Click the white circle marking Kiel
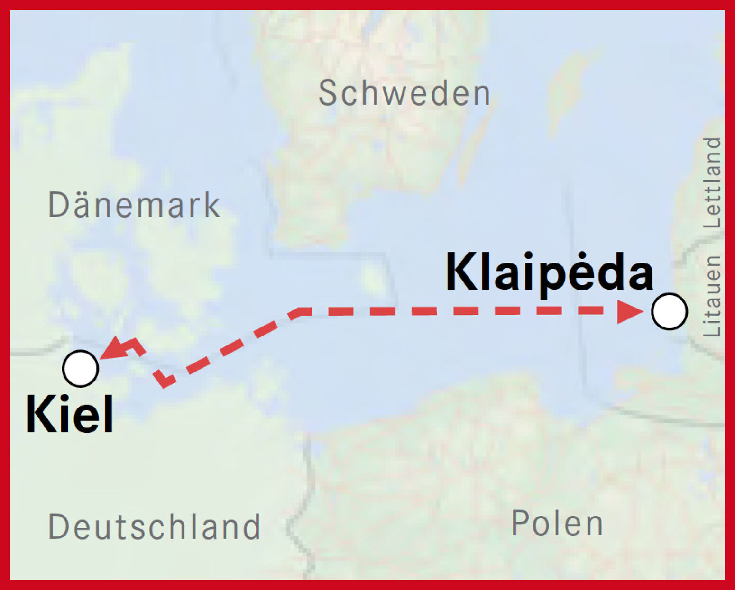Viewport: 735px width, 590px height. [x=81, y=368]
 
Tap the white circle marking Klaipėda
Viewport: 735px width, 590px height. [x=669, y=311]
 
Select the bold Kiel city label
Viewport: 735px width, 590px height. [x=69, y=414]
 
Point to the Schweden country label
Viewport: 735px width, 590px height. [x=404, y=93]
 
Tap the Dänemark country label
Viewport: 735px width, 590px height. [x=134, y=205]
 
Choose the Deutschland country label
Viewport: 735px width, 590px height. [x=155, y=526]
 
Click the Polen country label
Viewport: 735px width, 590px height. [x=557, y=524]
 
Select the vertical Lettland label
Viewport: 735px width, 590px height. [x=712, y=183]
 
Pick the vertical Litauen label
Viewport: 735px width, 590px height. [x=712, y=296]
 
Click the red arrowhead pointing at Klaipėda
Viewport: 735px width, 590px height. [x=629, y=311]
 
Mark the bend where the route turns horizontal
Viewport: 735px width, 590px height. [x=299, y=312]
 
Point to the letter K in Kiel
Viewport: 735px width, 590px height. [x=39, y=414]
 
